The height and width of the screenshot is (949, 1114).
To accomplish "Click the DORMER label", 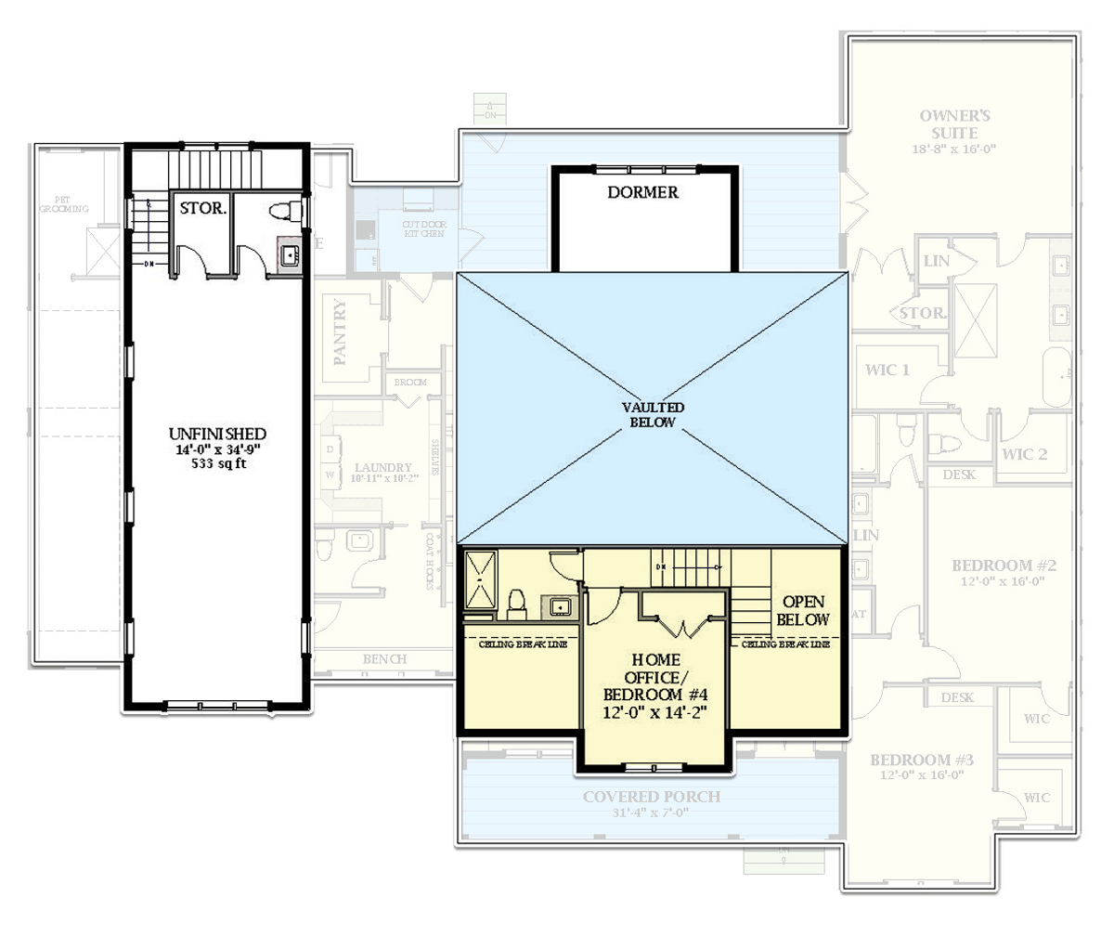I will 643,192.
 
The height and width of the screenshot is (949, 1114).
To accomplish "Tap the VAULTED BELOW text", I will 654,415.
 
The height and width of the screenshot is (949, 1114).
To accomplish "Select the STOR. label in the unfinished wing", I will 202,209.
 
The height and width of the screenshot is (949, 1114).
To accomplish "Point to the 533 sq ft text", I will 218,465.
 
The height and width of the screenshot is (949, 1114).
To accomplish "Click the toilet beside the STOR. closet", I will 287,211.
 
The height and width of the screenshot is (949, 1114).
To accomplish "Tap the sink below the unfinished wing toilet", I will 290,253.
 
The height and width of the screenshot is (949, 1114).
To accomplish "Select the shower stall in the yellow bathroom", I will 482,579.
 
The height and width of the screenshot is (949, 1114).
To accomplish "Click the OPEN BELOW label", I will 803,610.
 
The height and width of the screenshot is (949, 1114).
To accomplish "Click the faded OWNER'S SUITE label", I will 954,124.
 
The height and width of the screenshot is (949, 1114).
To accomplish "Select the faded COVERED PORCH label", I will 652,797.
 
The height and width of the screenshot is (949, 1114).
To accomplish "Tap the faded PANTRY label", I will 340,331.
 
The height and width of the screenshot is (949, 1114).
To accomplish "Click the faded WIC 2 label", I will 1025,454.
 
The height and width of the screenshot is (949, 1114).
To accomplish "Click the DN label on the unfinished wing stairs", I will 149,264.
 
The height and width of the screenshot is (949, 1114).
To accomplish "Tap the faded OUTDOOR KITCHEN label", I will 423,229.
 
